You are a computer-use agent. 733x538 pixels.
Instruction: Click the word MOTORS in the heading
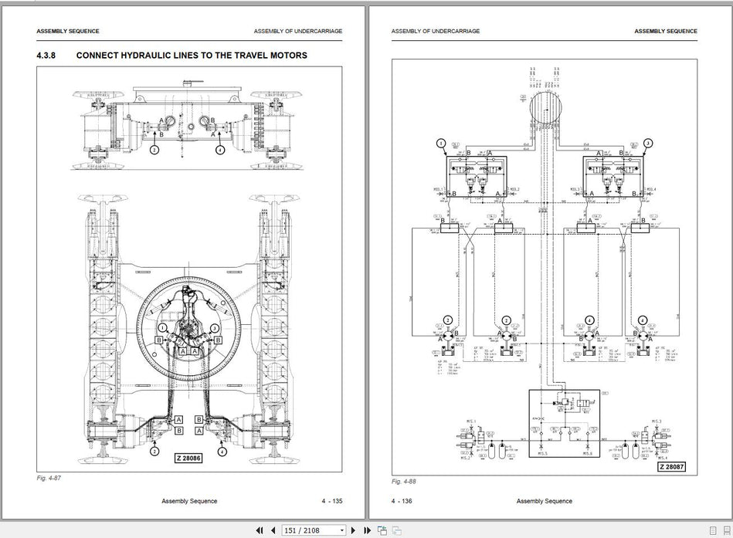pos(287,56)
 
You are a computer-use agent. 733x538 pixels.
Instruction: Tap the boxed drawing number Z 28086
pos(188,458)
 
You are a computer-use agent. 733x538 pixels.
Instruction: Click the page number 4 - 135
pos(332,501)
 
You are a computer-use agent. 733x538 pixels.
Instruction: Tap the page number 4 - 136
pos(402,501)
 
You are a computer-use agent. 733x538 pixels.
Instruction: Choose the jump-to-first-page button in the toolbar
pos(259,530)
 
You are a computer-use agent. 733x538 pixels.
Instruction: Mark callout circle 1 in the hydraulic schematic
pos(441,143)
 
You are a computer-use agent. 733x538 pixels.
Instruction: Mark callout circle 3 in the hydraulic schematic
pos(647,143)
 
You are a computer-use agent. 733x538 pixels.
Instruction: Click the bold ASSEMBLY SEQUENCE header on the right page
pos(665,32)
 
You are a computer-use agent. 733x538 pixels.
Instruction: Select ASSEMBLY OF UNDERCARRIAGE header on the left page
pos(297,32)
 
